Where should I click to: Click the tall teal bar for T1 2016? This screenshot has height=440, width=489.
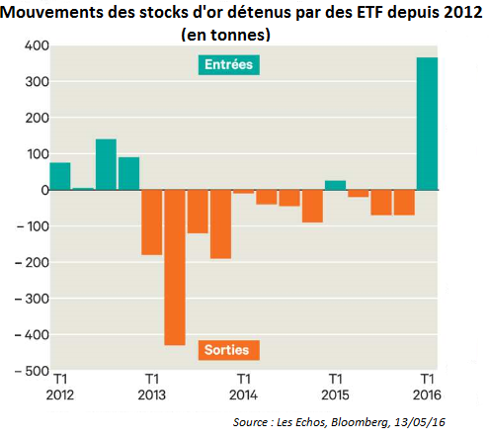[427, 124]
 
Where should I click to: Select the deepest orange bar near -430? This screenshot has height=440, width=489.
[175, 267]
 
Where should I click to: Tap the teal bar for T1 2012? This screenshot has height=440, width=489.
[60, 176]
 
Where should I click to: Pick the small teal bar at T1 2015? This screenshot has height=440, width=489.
[336, 185]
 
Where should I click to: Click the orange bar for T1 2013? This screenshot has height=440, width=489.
[152, 222]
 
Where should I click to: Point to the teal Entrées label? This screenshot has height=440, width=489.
[224, 65]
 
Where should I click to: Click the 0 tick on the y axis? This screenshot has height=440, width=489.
[37, 191]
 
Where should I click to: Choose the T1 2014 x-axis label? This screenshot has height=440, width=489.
[244, 386]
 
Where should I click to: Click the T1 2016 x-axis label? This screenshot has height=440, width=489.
[428, 386]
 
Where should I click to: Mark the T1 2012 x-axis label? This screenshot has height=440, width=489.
[60, 386]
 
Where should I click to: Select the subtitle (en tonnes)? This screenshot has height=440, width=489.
[226, 34]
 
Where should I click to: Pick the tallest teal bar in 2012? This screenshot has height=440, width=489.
[107, 164]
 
